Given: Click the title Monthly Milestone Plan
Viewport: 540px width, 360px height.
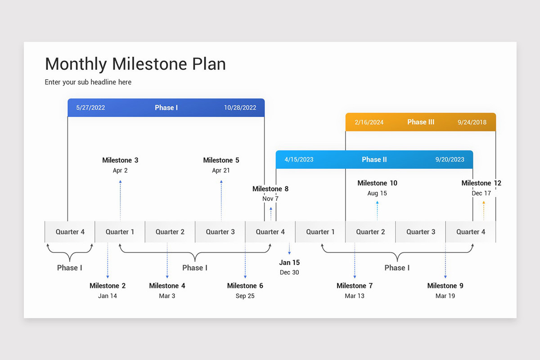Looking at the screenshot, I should tap(135, 64).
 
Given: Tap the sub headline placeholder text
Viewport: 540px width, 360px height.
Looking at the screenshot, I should tap(88, 82).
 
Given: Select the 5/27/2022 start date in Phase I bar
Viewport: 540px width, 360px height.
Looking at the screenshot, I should tap(90, 108).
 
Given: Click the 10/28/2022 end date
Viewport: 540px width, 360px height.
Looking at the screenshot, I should tap(240, 108).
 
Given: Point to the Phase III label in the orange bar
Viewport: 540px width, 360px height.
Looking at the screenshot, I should tap(421, 122).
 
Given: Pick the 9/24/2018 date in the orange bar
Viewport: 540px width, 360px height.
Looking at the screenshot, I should tap(472, 122).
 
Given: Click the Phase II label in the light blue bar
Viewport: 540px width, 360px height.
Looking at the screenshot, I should tap(374, 159).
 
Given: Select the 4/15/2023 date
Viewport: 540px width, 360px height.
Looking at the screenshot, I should tap(299, 159).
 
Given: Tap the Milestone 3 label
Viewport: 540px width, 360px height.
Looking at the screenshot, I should tap(120, 160).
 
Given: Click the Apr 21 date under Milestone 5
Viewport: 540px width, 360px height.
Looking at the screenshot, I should tap(221, 171).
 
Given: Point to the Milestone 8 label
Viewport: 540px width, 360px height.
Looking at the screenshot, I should tap(270, 189).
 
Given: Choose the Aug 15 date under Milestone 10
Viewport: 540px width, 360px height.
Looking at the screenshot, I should tap(377, 193).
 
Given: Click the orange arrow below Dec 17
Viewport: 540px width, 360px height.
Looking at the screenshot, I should tap(484, 210).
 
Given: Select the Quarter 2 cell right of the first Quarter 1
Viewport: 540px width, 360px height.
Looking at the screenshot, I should tap(170, 232).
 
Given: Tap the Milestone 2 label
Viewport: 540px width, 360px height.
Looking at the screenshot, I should tap(108, 286).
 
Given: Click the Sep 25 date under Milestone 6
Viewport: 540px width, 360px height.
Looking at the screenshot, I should tap(245, 296).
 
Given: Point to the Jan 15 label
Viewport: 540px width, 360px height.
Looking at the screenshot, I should tap(289, 262).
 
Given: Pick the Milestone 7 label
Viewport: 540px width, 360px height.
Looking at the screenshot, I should tap(355, 286).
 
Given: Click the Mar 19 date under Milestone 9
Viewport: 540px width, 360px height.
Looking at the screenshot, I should tap(445, 296).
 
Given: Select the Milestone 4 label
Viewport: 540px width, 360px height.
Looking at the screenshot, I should tap(167, 286).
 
